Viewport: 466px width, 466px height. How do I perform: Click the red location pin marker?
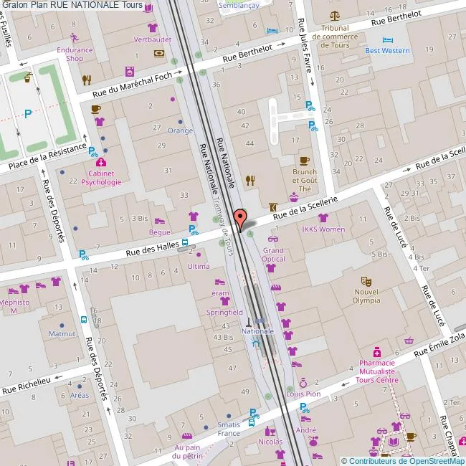click(241, 217)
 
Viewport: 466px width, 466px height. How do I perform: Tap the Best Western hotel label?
click(387, 50)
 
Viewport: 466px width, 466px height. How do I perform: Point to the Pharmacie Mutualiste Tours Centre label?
click(377, 371)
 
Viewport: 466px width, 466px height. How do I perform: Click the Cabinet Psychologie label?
click(101, 177)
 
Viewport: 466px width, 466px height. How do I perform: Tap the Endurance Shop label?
click(75, 54)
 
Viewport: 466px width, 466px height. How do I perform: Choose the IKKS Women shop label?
click(323, 229)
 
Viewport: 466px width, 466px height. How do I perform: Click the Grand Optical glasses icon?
click(273, 237)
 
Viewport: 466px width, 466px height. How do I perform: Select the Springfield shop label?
click(225, 313)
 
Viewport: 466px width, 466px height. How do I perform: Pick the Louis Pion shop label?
click(303, 394)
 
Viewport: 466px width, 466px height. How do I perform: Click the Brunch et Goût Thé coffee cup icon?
click(304, 161)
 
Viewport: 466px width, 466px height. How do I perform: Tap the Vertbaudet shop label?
click(153, 39)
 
